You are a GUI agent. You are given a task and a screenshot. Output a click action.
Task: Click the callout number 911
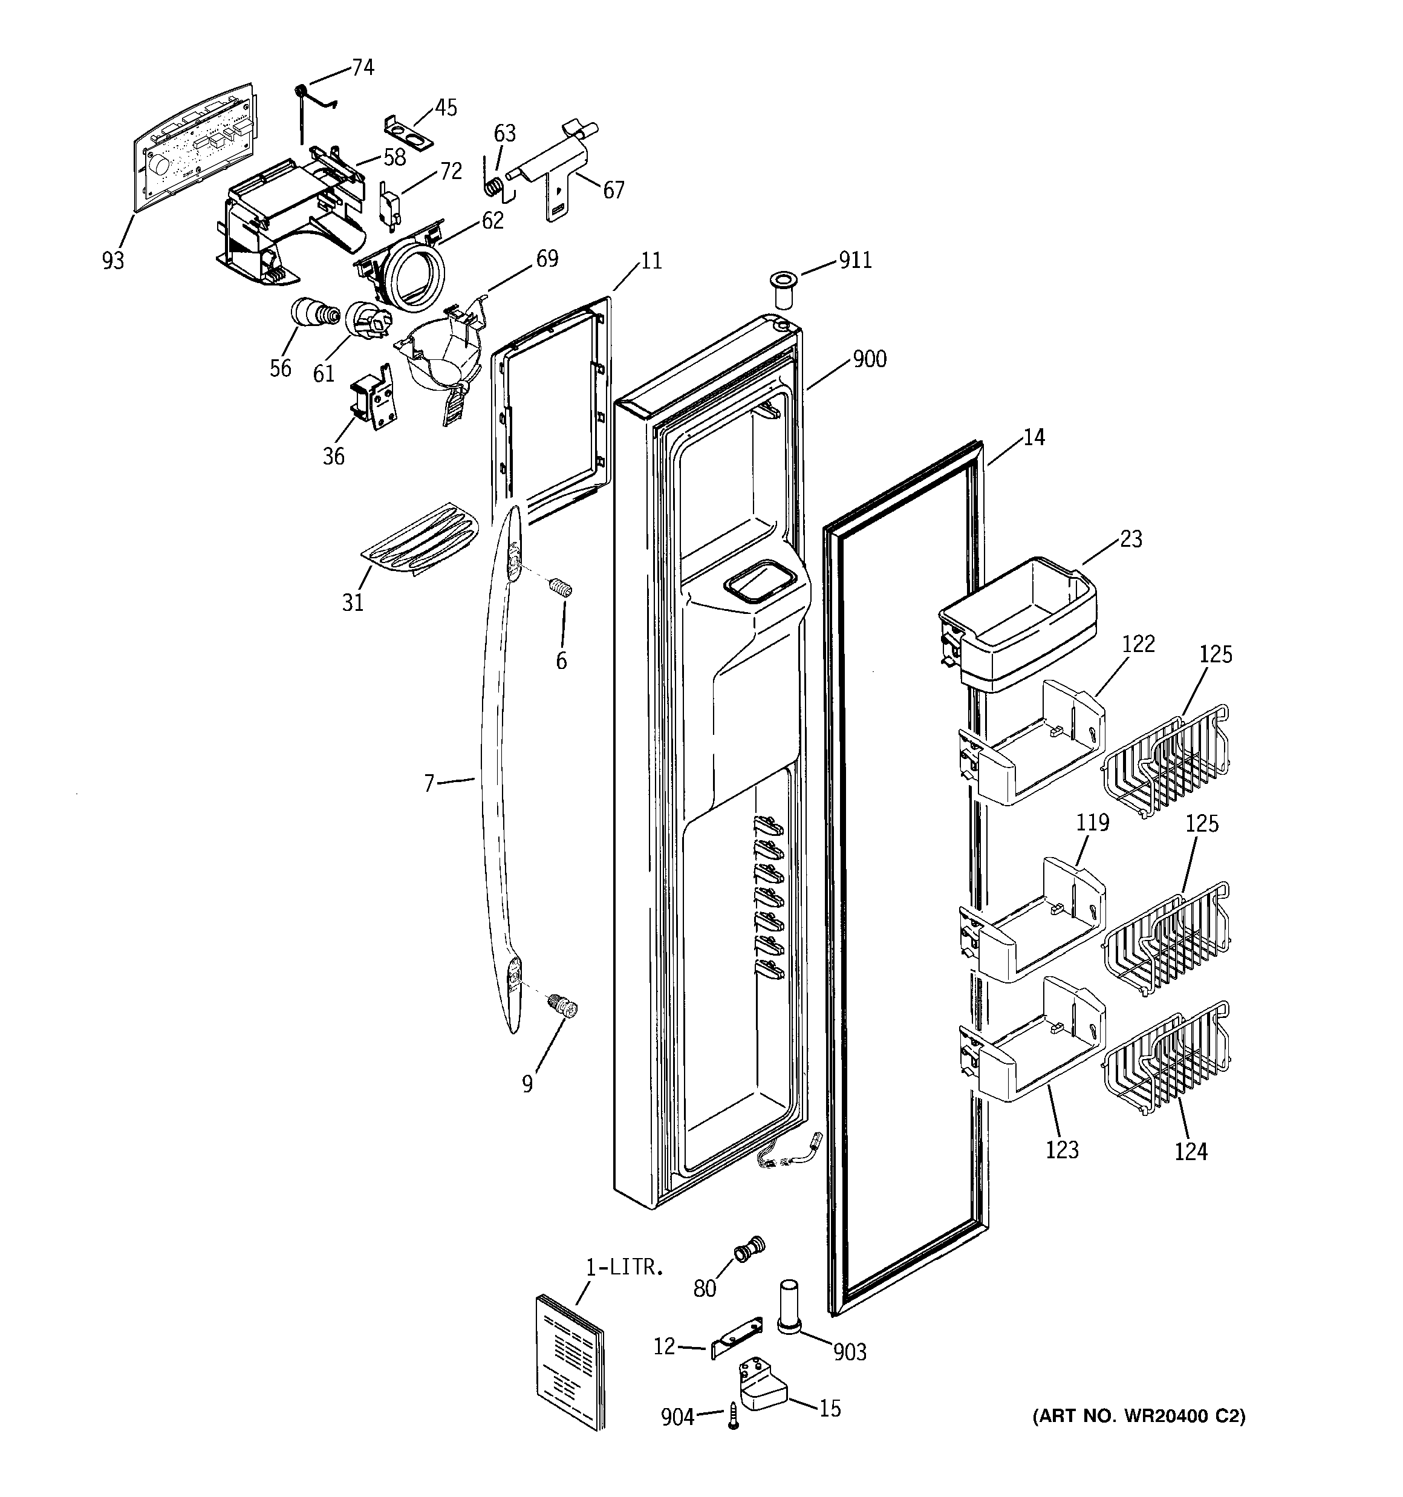(854, 261)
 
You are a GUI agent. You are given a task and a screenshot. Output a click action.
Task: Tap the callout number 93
(113, 261)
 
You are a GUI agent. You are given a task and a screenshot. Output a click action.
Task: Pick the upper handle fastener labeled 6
(561, 587)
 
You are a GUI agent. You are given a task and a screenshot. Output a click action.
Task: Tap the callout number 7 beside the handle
(429, 784)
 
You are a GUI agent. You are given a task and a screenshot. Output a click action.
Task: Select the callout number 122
(1138, 644)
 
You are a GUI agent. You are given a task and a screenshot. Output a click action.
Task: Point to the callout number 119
(1093, 823)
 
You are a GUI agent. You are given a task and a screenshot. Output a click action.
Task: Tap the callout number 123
(1062, 1150)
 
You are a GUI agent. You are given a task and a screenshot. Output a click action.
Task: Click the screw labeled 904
(733, 1417)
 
